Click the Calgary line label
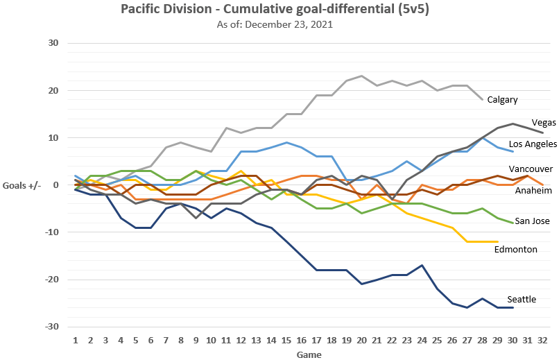502,99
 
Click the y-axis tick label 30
53,43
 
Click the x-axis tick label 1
75,341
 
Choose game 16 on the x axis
302,341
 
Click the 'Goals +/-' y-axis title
25,185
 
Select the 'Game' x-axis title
309,354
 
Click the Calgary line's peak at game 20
362,76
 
